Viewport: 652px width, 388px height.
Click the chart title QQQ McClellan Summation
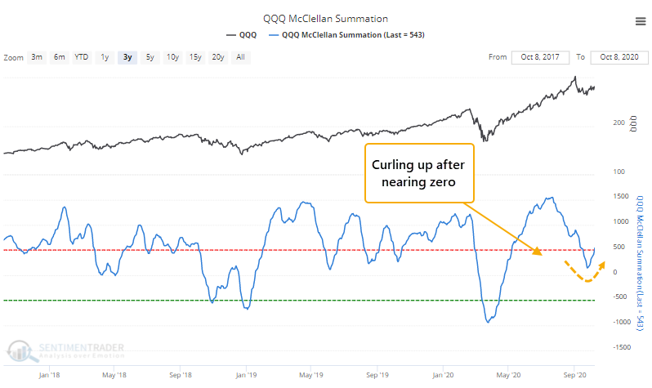point(326,19)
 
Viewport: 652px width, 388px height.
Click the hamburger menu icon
point(635,19)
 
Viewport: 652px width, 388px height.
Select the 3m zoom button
point(38,57)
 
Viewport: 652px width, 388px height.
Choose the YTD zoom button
point(82,57)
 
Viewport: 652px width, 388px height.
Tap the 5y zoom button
point(150,57)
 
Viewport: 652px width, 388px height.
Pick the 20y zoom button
point(217,57)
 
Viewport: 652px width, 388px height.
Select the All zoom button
point(240,57)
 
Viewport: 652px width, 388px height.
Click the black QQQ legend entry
point(242,34)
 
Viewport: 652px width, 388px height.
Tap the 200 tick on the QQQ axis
point(618,122)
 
